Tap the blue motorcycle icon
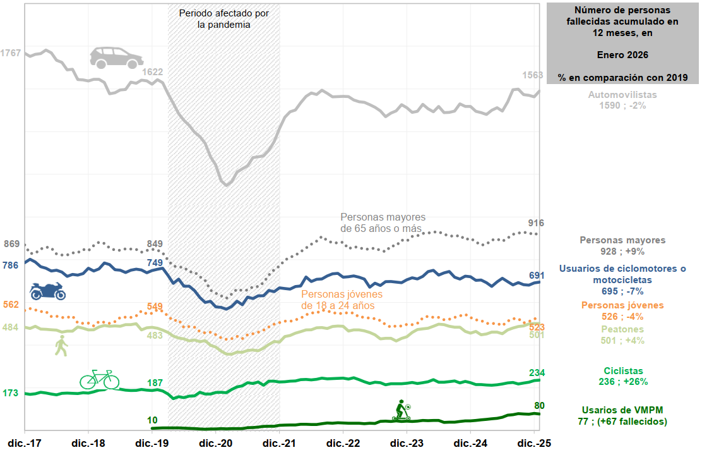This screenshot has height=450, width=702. coord(48,291)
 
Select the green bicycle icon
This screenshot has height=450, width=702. coord(99,379)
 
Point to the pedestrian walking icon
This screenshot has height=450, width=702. coord(61,346)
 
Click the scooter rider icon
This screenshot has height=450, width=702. coord(402,410)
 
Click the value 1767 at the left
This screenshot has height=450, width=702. coord(11,53)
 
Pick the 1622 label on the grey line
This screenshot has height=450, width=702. coord(152,72)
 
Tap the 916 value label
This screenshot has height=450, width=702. coord(535,223)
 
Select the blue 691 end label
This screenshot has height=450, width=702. coord(536,276)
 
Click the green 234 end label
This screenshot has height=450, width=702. coord(536,372)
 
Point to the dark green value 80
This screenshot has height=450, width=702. coord(539,405)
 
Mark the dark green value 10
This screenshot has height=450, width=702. coord(152,420)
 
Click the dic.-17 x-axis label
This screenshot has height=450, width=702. coord(24,443)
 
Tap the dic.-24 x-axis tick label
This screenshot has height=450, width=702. coord(472,443)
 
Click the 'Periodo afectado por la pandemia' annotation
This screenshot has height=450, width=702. coord(215,19)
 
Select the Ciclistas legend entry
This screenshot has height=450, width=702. coord(622,376)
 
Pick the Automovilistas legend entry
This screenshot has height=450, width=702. coord(622,100)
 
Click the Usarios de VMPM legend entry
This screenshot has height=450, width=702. coord(622,415)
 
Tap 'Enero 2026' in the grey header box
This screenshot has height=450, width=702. coord(622,54)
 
